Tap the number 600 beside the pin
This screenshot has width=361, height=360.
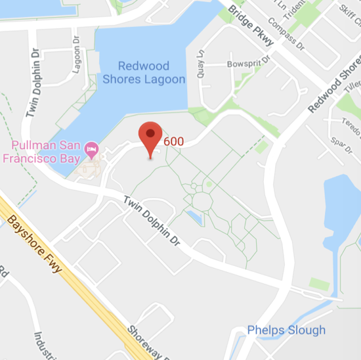(173, 141)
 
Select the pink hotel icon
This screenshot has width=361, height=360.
(92, 149)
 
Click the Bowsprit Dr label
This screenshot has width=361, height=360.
(249, 64)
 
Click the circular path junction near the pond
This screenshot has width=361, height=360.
(202, 201)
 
